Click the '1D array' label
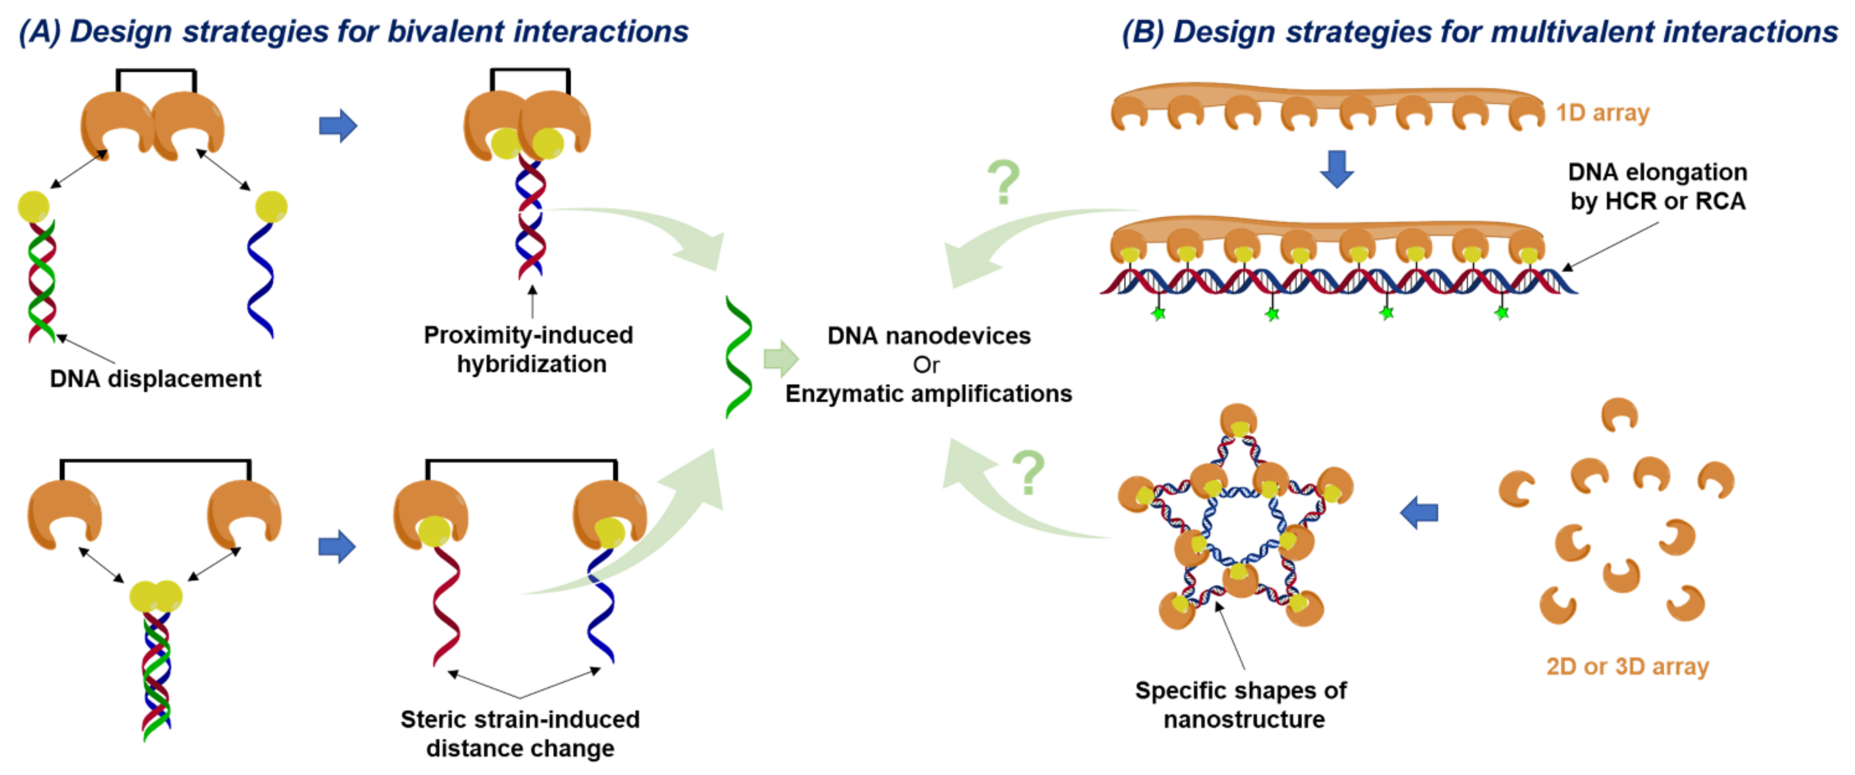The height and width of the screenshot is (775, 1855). pyautogui.click(x=1602, y=113)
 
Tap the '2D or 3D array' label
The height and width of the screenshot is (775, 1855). pyautogui.click(x=1628, y=667)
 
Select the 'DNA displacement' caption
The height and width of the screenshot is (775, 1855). pyautogui.click(x=155, y=379)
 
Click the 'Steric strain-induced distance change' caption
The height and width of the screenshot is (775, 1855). pyautogui.click(x=520, y=733)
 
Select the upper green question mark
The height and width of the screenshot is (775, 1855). pyautogui.click(x=1004, y=182)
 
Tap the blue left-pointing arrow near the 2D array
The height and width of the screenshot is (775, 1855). pyautogui.click(x=1419, y=513)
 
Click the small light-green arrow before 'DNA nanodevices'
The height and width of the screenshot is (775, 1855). pyautogui.click(x=780, y=358)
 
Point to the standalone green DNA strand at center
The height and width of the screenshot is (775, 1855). pyautogui.click(x=739, y=357)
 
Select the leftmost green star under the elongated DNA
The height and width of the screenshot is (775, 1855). pyautogui.click(x=1158, y=314)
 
